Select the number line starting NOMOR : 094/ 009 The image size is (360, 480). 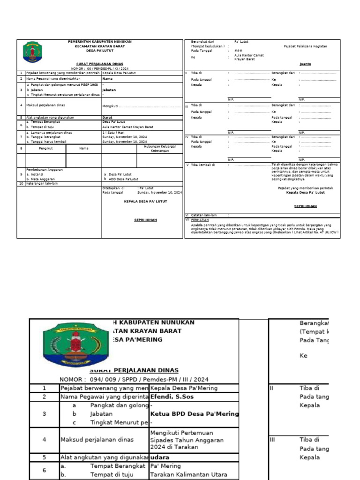[134, 379]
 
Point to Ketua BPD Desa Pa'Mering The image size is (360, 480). [194, 414]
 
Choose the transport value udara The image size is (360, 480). [160, 457]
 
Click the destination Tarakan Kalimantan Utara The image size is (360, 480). [188, 474]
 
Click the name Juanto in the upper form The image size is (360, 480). [305, 64]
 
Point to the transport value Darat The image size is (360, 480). [107, 117]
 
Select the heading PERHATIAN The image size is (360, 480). [200, 219]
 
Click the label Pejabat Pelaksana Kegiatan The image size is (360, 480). [305, 46]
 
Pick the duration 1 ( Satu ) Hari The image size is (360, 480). [113, 133]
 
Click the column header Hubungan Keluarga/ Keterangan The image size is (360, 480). [159, 149]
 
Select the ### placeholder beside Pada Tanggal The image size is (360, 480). [238, 51]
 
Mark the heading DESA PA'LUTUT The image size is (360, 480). [100, 51]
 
